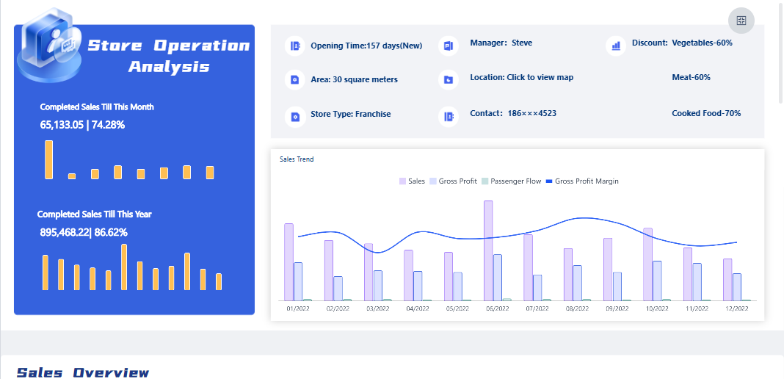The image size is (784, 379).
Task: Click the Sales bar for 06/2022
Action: (488, 250)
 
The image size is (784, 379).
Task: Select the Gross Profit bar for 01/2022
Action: (298, 281)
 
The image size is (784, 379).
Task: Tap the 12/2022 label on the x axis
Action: (736, 309)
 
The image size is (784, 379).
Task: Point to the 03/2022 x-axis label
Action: (377, 309)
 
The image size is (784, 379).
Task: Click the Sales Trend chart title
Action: (297, 159)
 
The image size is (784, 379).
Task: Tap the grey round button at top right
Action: (741, 21)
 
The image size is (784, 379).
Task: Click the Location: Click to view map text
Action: (521, 77)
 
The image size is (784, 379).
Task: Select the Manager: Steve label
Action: (501, 43)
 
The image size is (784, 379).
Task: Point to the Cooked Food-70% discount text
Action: (705, 114)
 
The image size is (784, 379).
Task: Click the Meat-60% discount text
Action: (691, 77)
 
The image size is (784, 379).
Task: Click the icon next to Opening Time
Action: (295, 46)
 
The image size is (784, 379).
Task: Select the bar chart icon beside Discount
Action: (616, 46)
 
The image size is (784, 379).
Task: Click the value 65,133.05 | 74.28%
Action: (82, 125)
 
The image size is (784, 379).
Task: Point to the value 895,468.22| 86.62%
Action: (84, 232)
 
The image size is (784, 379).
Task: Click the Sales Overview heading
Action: (83, 372)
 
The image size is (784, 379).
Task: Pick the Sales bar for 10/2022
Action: (647, 264)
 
